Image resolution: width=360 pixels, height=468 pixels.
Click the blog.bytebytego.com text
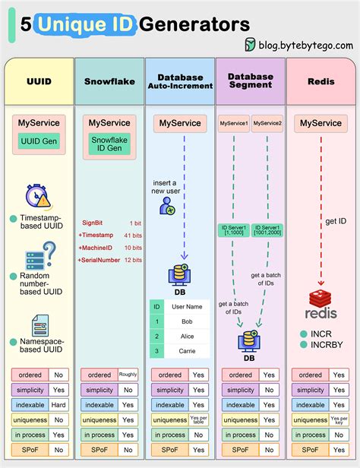click(x=303, y=45)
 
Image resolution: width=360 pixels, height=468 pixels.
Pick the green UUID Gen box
click(x=39, y=141)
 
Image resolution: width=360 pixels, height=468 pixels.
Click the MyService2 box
click(x=267, y=123)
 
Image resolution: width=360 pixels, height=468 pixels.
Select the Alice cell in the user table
click(x=187, y=336)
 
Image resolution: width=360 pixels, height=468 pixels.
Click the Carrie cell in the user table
click(x=187, y=351)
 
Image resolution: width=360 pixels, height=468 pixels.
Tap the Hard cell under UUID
click(x=58, y=405)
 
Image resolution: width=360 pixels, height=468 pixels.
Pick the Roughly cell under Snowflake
click(x=128, y=375)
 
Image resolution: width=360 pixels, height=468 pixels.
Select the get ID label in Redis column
click(x=336, y=221)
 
